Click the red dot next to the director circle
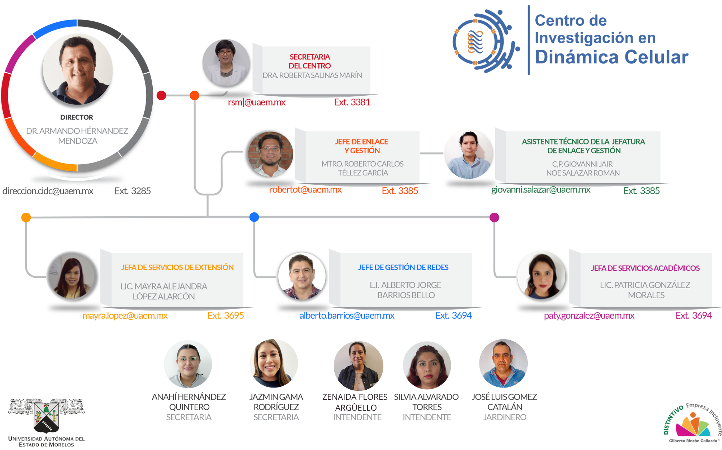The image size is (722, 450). coord(161,95)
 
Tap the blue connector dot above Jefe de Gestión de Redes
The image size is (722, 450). coord(254,217)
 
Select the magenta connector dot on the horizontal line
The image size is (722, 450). coord(494,217)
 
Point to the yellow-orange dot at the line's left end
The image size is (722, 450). coord(26,217)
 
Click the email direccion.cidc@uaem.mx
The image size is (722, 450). coord(48,191)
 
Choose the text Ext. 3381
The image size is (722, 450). coord(352,103)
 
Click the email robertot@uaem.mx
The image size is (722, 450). coord(305,190)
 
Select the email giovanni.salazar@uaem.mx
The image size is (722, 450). coord(540,190)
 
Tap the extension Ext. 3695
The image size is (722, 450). coord(226,316)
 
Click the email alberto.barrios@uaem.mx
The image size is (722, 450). coord(347,316)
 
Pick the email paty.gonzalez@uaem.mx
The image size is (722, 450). coord(589,316)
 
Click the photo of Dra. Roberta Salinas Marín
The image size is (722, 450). coord(226,63)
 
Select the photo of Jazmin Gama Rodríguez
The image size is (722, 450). coord(273,363)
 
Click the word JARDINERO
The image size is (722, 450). coord(505,417)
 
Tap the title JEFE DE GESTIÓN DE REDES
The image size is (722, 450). coord(403,268)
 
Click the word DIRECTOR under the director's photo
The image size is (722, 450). coord(77,117)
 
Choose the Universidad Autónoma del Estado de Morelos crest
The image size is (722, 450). coord(46,416)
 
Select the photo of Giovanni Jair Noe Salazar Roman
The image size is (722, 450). coord(469,155)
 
